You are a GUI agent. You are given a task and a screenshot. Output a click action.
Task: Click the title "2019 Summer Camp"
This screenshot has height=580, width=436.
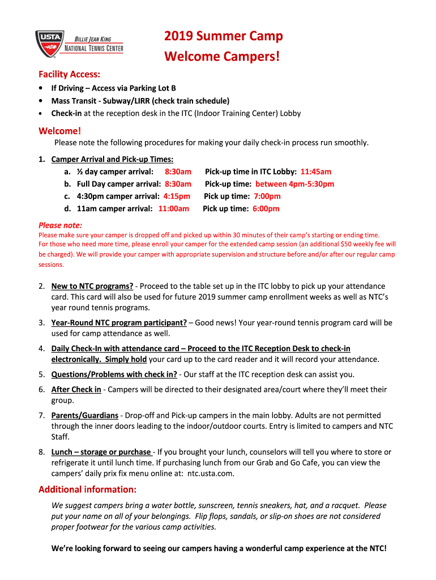click(x=223, y=37)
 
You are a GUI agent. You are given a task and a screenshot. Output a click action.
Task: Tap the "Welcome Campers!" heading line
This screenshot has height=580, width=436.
click(x=222, y=57)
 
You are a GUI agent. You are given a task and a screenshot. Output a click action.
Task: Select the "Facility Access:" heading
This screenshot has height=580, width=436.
click(x=70, y=74)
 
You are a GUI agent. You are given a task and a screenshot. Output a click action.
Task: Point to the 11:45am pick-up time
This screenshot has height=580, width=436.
click(x=316, y=172)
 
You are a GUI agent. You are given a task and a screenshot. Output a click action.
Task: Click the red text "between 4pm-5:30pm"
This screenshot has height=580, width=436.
click(x=294, y=184)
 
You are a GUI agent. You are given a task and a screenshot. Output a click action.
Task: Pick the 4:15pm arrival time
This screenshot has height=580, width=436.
click(x=177, y=197)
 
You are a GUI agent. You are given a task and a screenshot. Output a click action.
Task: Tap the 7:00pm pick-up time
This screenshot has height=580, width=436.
click(x=266, y=197)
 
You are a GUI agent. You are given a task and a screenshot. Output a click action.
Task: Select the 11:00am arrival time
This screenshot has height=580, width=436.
click(x=173, y=209)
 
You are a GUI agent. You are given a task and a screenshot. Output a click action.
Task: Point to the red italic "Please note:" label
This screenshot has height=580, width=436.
click(x=60, y=225)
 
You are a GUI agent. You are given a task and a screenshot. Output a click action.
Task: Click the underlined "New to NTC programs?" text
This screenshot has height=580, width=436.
click(x=92, y=287)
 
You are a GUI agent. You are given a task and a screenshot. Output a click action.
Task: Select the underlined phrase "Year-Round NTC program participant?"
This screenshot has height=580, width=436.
click(x=119, y=323)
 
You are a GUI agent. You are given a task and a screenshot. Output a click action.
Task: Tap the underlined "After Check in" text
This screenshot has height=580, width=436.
click(x=76, y=390)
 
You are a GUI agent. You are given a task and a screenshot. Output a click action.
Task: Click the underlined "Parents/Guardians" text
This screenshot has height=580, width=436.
click(x=85, y=416)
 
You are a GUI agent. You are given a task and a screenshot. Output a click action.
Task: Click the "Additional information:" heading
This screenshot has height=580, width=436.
click(x=87, y=489)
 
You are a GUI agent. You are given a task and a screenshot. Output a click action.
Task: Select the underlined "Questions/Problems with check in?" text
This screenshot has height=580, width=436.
click(x=114, y=374)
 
